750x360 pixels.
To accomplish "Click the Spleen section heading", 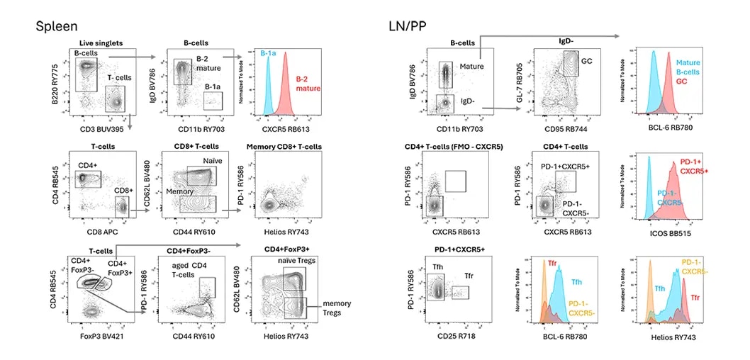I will (58, 26).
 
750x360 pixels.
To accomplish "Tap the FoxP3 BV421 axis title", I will (96, 336).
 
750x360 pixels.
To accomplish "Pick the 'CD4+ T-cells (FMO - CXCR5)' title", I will (456, 147).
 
